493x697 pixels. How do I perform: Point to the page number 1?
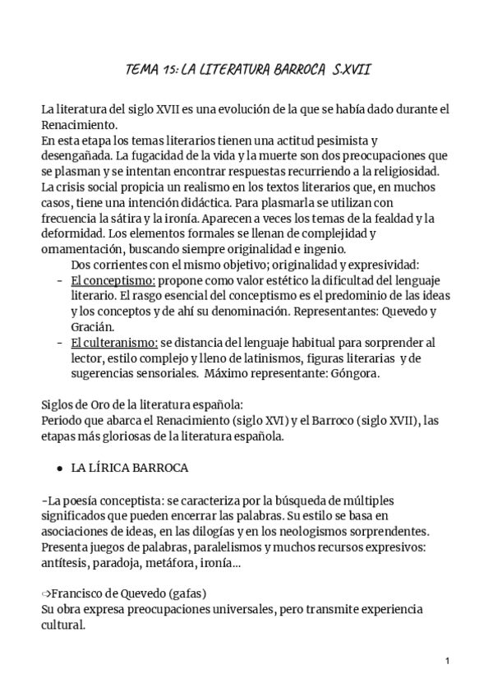(446, 660)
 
